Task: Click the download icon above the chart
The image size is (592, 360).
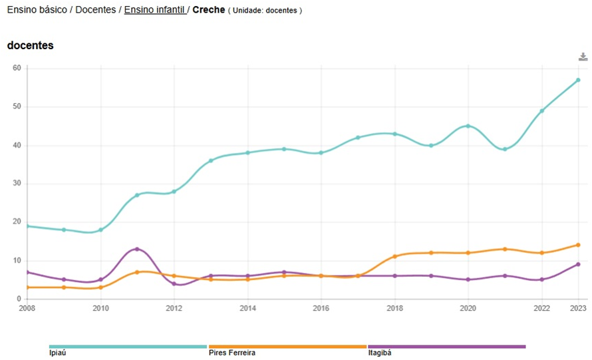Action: [x=583, y=57]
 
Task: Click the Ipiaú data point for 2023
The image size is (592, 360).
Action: [x=578, y=80]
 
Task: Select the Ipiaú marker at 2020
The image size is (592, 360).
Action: [x=468, y=126]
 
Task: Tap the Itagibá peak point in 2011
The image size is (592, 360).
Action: [x=137, y=249]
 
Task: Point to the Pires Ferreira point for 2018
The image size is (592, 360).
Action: [x=394, y=256]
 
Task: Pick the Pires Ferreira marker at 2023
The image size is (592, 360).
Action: [x=578, y=245]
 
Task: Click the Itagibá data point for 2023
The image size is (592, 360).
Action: [x=578, y=264]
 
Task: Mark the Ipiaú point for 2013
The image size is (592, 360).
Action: [x=211, y=160]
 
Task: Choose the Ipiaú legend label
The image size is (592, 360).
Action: [x=58, y=353]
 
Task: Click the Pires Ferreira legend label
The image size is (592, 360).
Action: [x=231, y=353]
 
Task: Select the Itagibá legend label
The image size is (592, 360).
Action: [x=379, y=353]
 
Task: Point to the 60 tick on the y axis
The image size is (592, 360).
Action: [x=17, y=68]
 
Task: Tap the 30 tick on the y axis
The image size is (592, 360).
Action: [x=17, y=184]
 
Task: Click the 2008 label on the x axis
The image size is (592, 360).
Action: [x=27, y=308]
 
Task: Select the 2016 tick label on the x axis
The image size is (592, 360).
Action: [x=321, y=308]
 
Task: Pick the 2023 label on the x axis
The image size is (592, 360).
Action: [x=578, y=308]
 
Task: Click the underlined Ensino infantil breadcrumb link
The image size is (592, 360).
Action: [x=154, y=11]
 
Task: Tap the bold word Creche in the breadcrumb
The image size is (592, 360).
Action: [x=208, y=11]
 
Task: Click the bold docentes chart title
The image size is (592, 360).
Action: [x=30, y=45]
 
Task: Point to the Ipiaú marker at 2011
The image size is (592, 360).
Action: [x=137, y=195]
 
